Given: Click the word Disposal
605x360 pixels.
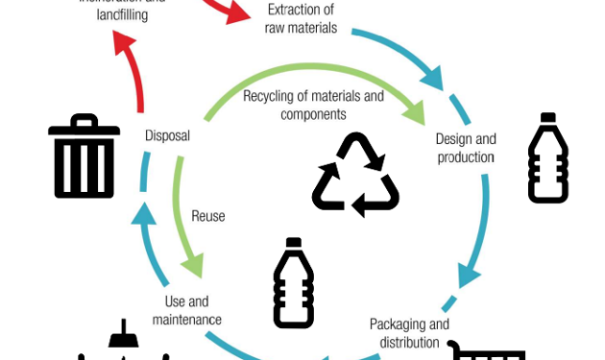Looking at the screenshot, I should click(166, 135).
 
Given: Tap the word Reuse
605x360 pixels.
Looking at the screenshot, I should click(207, 216).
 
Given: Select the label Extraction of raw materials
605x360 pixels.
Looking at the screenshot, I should click(301, 19).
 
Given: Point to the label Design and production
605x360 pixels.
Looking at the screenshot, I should click(466, 148).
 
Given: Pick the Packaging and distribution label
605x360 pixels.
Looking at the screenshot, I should click(409, 332).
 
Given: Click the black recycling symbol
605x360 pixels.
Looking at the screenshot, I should click(355, 173).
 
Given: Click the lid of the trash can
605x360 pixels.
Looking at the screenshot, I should click(84, 126).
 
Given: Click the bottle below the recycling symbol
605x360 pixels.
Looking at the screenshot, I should click(293, 284).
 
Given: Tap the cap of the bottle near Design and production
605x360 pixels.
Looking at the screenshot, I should click(548, 119).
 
